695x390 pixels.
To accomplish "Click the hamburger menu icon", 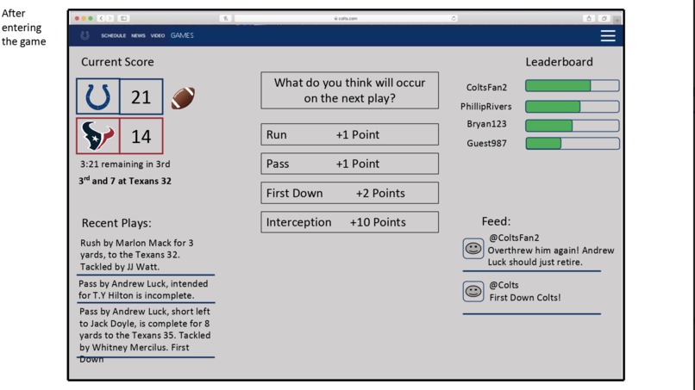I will [x=608, y=35].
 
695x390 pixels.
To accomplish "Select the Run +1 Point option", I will [x=349, y=134].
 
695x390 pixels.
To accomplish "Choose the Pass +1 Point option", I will [x=349, y=164].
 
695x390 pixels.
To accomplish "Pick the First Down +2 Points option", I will [x=349, y=193].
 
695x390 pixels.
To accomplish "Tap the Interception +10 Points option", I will [x=349, y=222].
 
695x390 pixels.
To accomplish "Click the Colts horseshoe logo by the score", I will [x=98, y=96].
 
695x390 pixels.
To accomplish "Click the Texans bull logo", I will [x=98, y=136].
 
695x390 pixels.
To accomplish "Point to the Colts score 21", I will [x=141, y=96].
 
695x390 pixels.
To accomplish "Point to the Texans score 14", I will [x=141, y=136].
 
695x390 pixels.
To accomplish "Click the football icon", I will [x=183, y=97].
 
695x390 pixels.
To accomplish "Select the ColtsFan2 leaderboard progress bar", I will [x=572, y=86].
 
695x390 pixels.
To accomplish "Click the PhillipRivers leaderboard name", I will [x=485, y=107].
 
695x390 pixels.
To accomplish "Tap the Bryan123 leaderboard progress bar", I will [x=572, y=125].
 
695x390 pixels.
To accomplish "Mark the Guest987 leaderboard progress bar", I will [x=572, y=143].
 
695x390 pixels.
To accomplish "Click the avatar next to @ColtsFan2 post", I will [x=473, y=249].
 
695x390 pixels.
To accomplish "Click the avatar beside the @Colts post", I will [x=473, y=291].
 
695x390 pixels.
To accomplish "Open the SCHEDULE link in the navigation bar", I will [x=113, y=36].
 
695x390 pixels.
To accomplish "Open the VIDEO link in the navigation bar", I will [x=158, y=36].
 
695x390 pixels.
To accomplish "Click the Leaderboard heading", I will [x=559, y=62].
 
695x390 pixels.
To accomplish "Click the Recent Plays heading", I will [x=116, y=223].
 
